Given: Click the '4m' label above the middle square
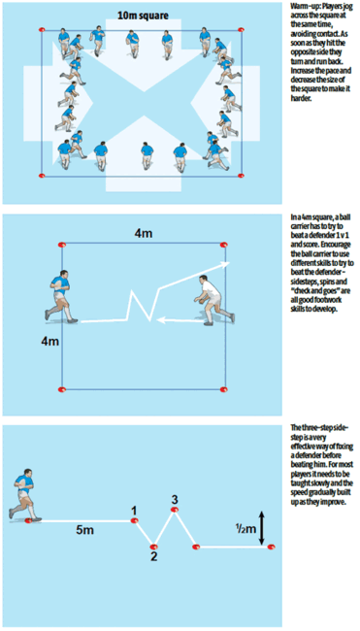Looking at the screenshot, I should pyautogui.click(x=143, y=233).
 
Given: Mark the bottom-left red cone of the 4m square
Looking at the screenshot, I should pyautogui.click(x=65, y=386).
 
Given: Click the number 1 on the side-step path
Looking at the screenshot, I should pyautogui.click(x=134, y=508).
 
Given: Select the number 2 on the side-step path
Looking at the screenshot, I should pyautogui.click(x=152, y=555).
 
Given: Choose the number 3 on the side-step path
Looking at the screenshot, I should pyautogui.click(x=174, y=500).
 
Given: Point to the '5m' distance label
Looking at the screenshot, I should pyautogui.click(x=85, y=531).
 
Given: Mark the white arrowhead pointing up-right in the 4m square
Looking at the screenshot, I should pyautogui.click(x=226, y=262).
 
